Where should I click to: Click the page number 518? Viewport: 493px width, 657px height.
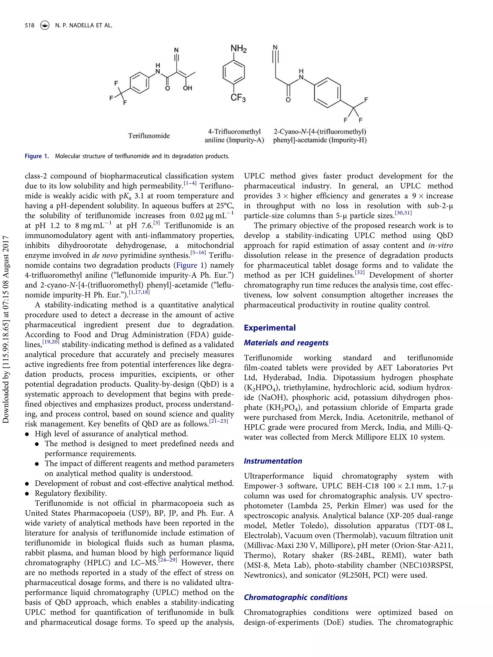[29, 26]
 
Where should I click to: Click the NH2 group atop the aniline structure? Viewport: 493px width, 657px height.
[238, 48]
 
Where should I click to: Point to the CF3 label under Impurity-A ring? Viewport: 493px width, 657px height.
[238, 97]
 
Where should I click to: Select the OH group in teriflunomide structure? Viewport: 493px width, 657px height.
[187, 88]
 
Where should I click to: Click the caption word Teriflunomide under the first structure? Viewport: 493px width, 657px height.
[149, 136]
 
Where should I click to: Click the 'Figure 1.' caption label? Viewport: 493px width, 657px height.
[37, 156]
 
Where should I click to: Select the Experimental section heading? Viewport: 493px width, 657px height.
[270, 328]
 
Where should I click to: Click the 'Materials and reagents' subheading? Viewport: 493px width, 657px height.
[286, 343]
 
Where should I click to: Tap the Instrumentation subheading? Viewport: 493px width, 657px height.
[273, 461]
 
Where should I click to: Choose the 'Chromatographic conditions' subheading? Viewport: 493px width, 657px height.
[295, 597]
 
